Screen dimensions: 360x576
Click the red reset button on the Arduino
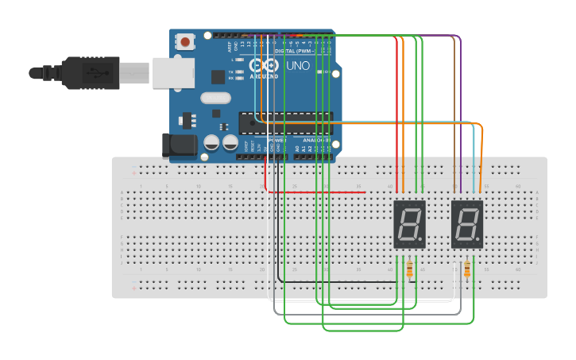[x=185, y=41]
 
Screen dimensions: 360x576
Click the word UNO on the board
[x=298, y=66]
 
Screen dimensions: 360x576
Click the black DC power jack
[x=179, y=145]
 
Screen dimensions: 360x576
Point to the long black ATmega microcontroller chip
[x=284, y=122]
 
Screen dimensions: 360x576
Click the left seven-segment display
[x=410, y=224]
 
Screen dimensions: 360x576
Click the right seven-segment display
[x=467, y=224]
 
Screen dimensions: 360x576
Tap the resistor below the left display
[x=409, y=270]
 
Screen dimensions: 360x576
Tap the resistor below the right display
[x=466, y=270]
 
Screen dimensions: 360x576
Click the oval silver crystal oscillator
[x=215, y=99]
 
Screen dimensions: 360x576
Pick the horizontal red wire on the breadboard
[x=318, y=192]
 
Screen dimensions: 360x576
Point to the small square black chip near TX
[x=218, y=77]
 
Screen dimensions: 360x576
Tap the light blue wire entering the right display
[x=474, y=159]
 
